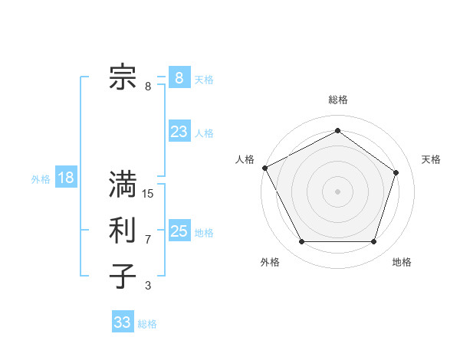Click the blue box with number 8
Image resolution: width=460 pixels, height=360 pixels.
179,78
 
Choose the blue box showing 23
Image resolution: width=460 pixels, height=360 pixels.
179,132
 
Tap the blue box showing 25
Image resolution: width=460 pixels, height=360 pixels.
179,231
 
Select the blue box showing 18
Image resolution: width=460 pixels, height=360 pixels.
65,178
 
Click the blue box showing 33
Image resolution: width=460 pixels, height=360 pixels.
122,322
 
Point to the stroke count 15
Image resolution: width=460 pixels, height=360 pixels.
148,194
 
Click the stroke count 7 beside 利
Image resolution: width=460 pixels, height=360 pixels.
148,240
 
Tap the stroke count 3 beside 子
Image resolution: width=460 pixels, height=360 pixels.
148,286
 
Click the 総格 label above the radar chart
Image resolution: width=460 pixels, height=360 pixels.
338,100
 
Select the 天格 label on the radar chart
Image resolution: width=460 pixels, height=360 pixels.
432,159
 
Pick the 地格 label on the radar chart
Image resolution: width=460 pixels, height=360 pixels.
402,262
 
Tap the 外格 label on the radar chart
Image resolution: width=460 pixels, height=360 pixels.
270,262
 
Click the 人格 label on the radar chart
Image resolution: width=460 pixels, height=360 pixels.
245,159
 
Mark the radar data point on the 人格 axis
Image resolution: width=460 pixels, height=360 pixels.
264,168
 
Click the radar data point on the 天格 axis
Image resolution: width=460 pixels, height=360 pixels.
396,172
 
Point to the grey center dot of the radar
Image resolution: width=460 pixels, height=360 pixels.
338,191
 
